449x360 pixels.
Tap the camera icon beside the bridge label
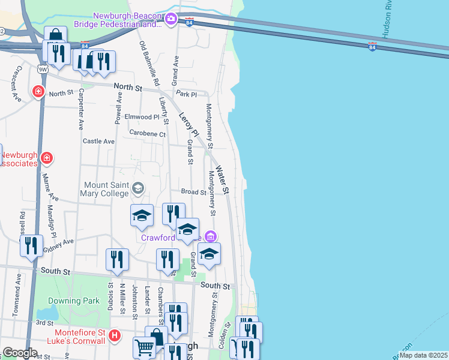click(171, 19)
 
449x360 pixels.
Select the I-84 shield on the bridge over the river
click(372, 47)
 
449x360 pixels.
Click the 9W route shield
click(42, 69)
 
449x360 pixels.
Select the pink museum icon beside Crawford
click(210, 236)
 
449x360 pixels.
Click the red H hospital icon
click(115, 336)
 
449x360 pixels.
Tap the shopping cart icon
click(144, 348)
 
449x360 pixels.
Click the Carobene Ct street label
click(147, 134)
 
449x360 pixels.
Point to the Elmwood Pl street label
click(142, 116)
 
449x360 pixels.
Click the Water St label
click(223, 180)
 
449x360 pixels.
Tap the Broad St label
click(194, 192)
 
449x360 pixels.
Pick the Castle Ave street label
click(98, 141)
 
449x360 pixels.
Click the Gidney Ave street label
click(58, 244)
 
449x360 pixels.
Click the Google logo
click(20, 353)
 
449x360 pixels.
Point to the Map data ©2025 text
click(423, 355)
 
